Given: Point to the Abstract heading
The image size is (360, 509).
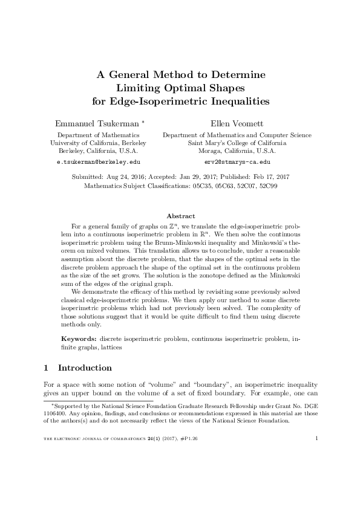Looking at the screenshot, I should coord(180,216).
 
